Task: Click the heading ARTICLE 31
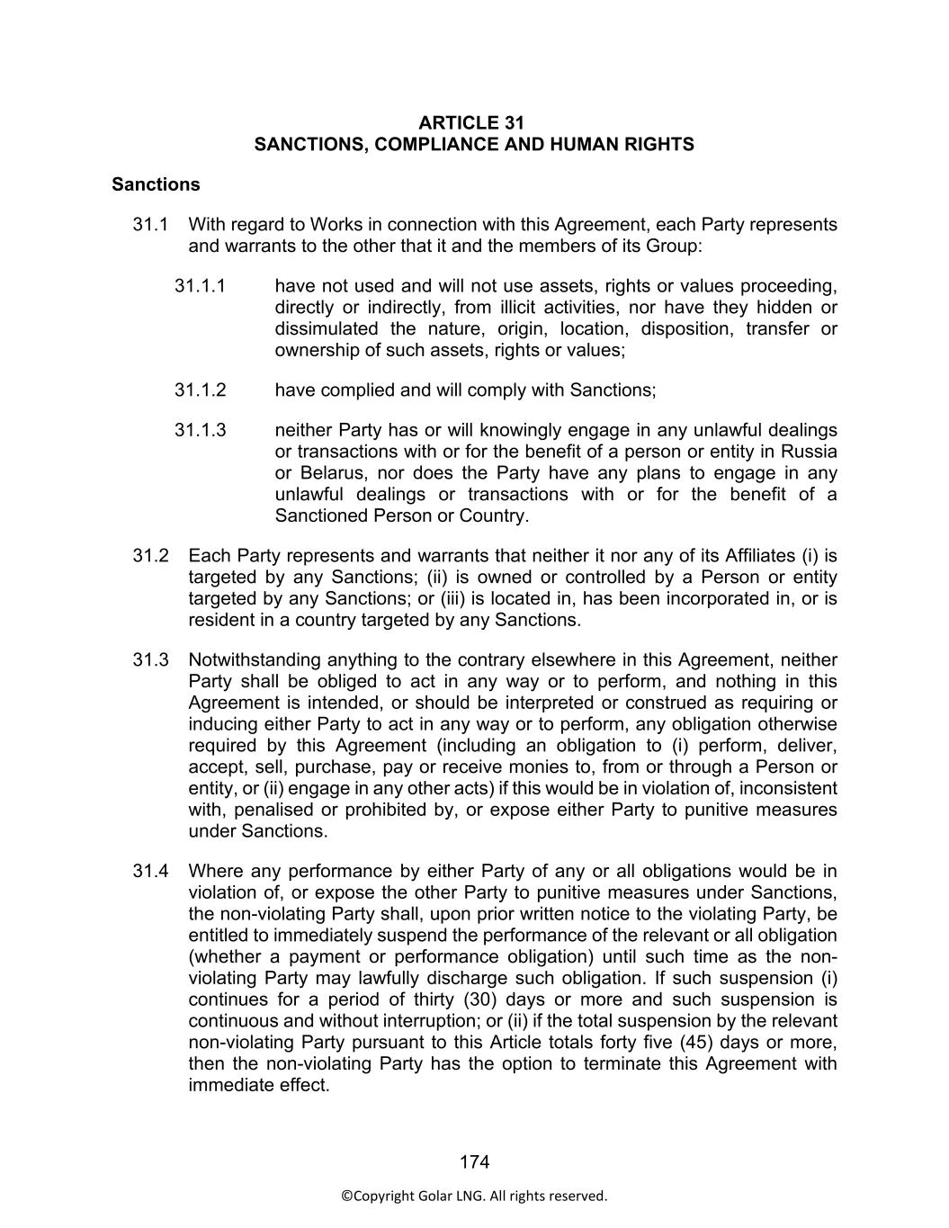[474, 122]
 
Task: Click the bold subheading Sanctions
[156, 184]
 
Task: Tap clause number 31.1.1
[200, 286]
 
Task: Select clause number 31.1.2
[200, 390]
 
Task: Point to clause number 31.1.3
[200, 430]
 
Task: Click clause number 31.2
[151, 556]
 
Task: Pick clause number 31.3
[151, 660]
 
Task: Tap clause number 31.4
[151, 871]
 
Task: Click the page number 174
[474, 1162]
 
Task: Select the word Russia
[809, 452]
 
